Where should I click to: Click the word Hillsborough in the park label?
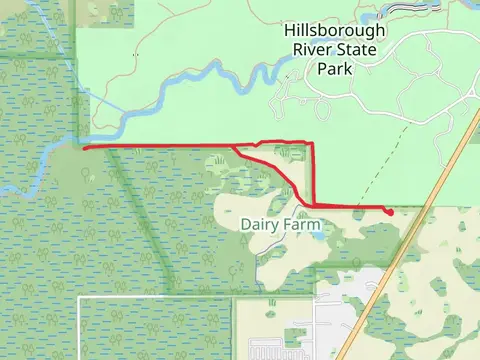[x=334, y=31]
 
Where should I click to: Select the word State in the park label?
[x=354, y=50]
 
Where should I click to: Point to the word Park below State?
[x=334, y=69]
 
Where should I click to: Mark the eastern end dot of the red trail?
[x=388, y=211]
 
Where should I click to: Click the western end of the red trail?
[x=84, y=149]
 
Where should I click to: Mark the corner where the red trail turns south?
[x=311, y=144]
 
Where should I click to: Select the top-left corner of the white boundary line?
[x=79, y=298]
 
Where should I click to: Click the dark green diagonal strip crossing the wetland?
[x=140, y=220]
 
